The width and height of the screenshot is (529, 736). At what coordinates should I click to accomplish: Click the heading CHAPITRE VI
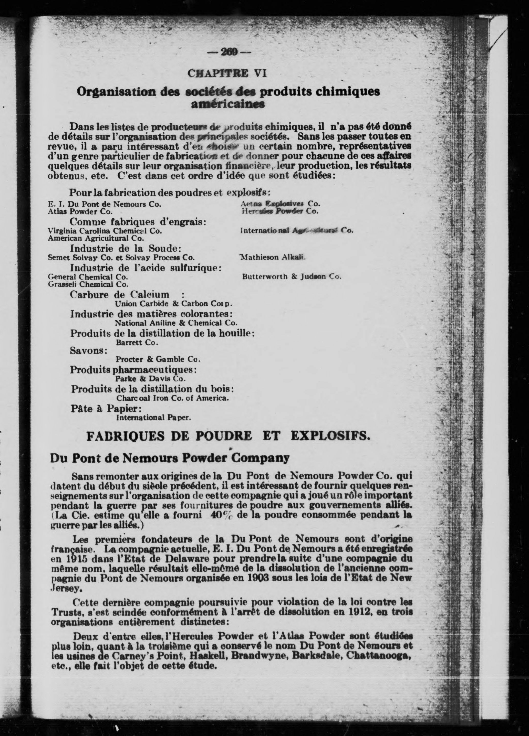click(x=227, y=73)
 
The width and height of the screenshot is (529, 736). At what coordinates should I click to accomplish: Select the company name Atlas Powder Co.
click(x=80, y=211)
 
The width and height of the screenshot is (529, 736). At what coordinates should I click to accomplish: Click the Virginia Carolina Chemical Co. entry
click(x=105, y=231)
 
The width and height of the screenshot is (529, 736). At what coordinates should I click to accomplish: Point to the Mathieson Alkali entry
click(x=272, y=257)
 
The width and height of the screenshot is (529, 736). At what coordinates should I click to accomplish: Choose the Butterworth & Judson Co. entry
click(x=291, y=277)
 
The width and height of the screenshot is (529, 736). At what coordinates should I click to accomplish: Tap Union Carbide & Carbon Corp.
click(x=173, y=304)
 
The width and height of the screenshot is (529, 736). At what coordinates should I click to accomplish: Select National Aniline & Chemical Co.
click(x=176, y=323)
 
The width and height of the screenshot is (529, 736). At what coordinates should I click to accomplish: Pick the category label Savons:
click(x=89, y=351)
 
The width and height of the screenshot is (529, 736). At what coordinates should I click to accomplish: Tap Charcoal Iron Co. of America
click(x=172, y=398)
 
